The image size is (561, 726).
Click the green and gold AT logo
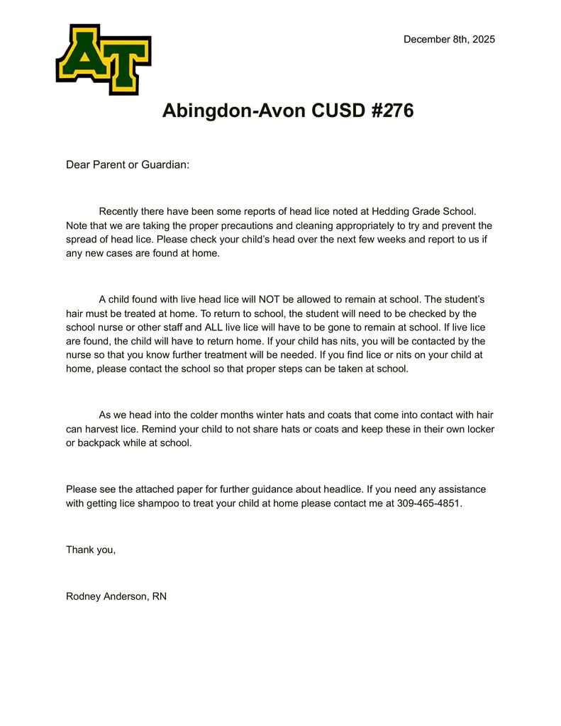tap(104, 59)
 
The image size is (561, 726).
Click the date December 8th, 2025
tap(449, 39)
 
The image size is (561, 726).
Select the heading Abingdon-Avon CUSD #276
tap(287, 111)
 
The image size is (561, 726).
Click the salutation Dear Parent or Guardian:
tap(128, 164)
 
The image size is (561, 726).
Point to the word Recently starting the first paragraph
tap(121, 211)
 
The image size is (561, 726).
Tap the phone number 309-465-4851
tap(429, 503)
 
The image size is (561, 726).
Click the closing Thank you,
tap(91, 549)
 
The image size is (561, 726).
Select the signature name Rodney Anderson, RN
tap(116, 596)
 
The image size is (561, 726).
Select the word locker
tap(480, 429)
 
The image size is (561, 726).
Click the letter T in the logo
tap(126, 67)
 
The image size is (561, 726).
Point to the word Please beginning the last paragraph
tap(82, 489)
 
